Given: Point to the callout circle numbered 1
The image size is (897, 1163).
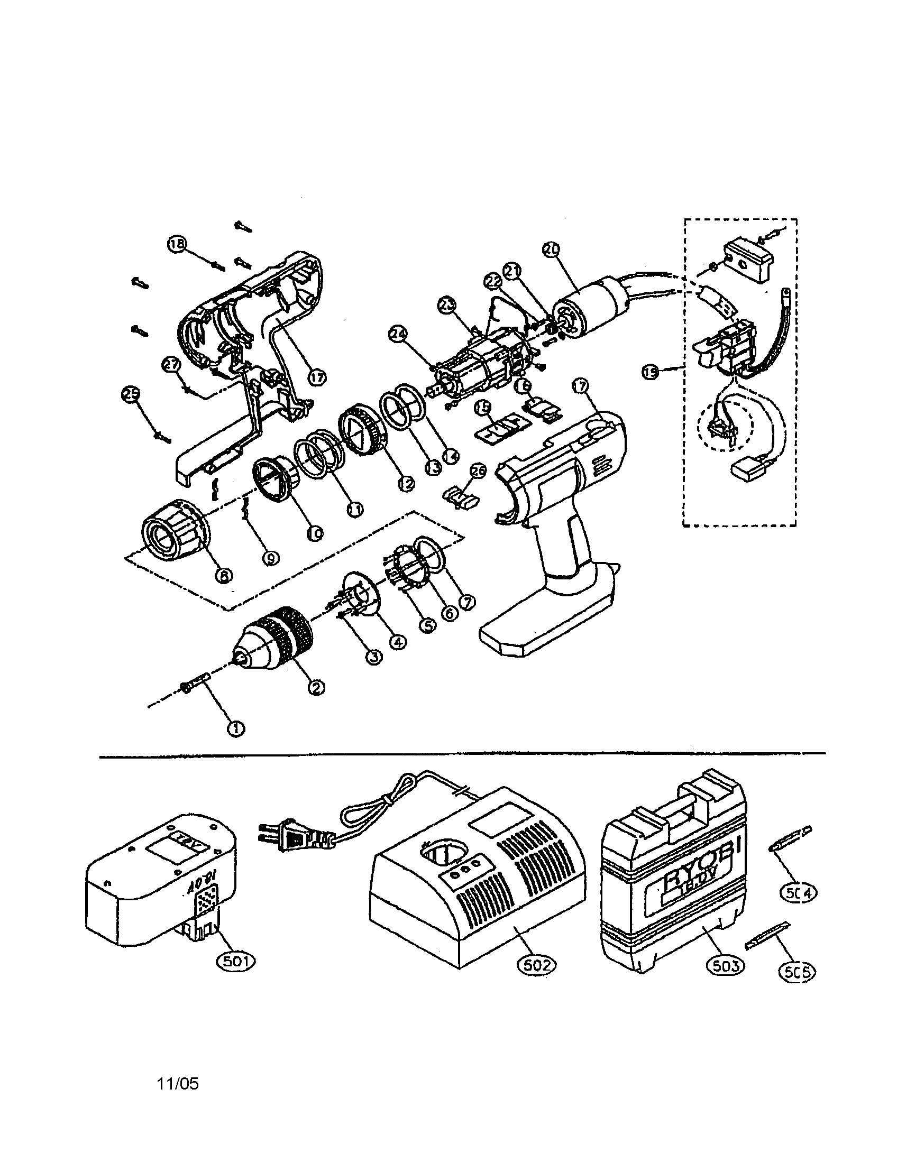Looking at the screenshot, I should point(235,728).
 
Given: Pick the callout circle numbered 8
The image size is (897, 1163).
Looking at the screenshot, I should point(224,575).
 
